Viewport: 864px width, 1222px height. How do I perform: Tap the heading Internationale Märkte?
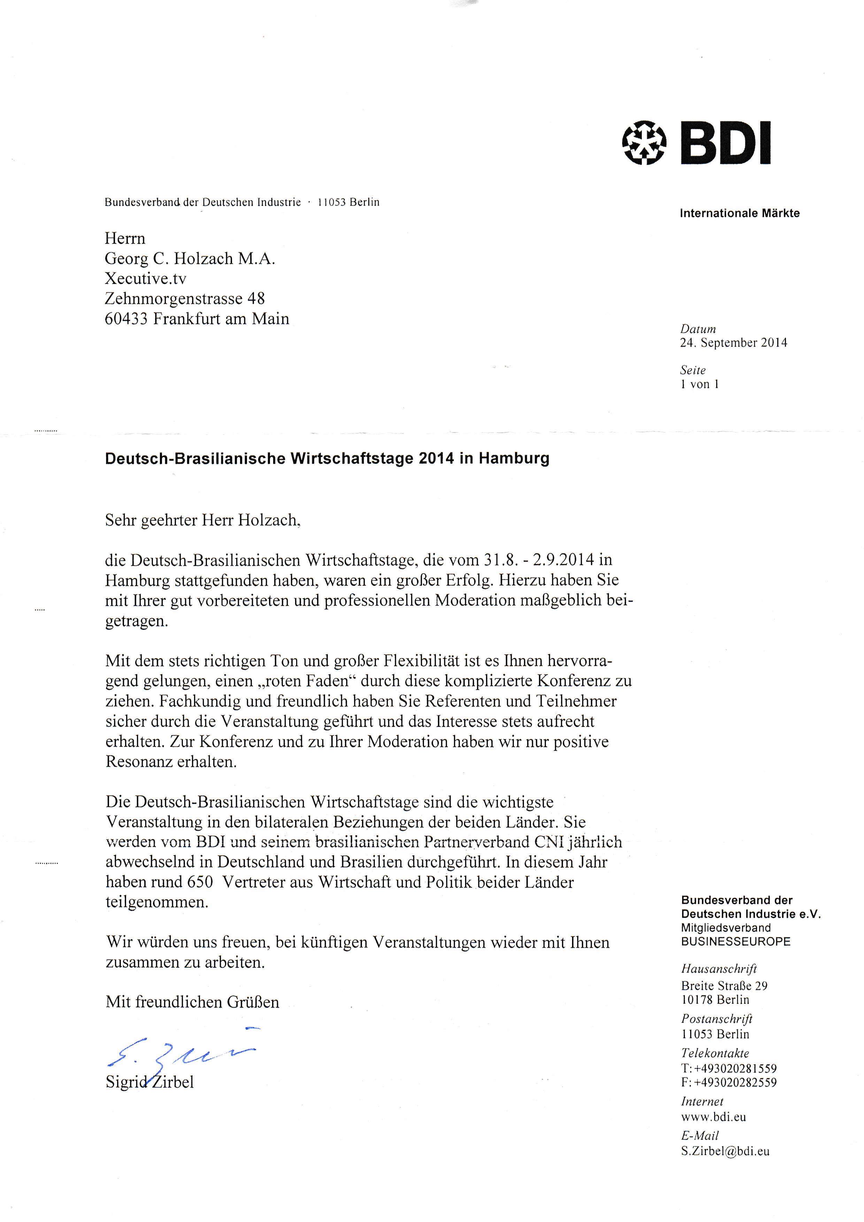740,214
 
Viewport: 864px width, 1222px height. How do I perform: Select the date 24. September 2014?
733,343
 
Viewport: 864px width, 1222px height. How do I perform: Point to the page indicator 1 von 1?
699,384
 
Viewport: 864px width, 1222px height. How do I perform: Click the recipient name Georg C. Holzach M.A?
190,259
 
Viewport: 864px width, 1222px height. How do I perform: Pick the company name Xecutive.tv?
145,279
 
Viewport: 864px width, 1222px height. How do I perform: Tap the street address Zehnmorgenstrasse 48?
185,299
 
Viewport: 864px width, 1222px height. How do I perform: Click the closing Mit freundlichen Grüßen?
192,1002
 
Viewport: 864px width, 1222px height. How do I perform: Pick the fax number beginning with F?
728,1082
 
